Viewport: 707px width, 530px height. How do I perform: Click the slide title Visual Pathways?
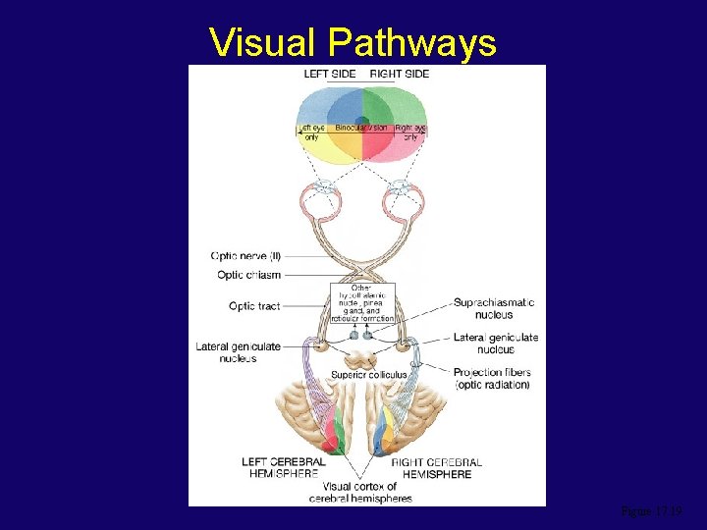coord(353,42)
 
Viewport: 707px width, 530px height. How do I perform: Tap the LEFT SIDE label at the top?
coord(330,74)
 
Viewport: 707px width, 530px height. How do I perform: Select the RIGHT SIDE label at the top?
coord(400,74)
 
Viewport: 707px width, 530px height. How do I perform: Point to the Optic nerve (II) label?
coord(245,256)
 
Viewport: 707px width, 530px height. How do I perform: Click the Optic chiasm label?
coord(248,275)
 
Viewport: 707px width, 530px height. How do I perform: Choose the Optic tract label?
coord(254,306)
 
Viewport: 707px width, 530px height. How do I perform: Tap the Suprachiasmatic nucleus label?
coord(494,308)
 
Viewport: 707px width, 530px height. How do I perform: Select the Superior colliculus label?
coord(368,375)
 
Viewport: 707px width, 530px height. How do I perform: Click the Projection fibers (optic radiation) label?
coord(492,378)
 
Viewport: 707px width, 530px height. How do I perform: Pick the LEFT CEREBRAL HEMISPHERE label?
coord(284,467)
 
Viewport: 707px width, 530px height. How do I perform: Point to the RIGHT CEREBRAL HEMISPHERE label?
coord(437,467)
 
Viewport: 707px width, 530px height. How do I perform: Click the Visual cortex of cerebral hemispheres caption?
coord(360,492)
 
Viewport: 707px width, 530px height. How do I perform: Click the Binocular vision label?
coord(362,129)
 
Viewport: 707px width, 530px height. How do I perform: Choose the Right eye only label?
coord(410,132)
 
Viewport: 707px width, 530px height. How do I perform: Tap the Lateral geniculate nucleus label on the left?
coord(238,352)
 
